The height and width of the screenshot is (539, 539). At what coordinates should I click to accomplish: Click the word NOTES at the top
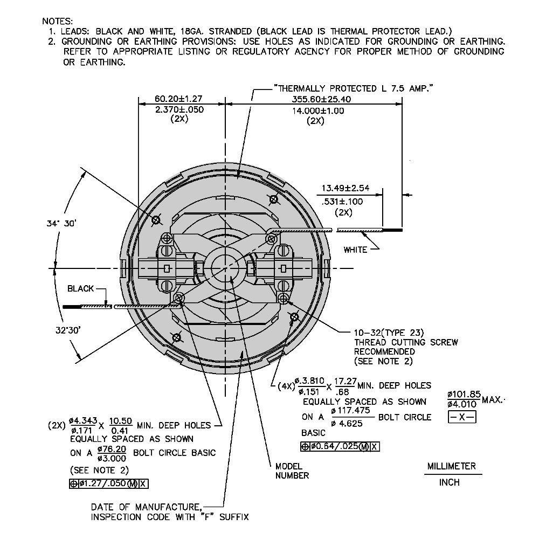point(57,22)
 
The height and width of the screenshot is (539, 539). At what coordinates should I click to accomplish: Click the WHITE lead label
point(356,249)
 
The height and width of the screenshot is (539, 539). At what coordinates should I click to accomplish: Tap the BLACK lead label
point(81,288)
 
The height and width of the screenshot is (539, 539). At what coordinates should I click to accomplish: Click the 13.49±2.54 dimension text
point(345,188)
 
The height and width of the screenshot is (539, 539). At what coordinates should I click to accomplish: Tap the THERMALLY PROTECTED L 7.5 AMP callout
point(354,88)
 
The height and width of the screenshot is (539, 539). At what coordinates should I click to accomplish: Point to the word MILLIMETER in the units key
point(452,466)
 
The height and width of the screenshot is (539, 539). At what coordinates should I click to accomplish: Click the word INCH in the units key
point(450,482)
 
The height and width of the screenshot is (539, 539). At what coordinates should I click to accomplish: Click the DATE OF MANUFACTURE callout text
point(147,507)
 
